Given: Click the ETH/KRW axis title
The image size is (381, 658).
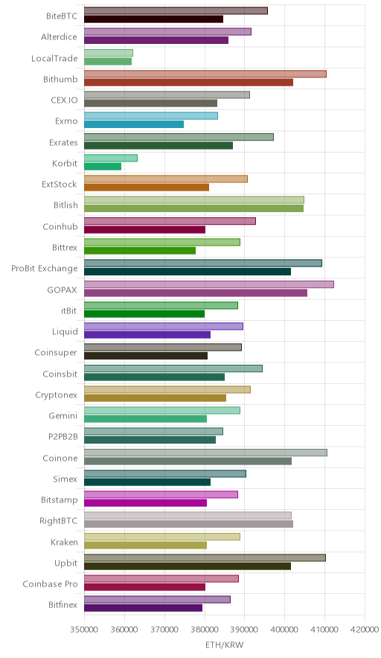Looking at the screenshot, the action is pyautogui.click(x=224, y=645).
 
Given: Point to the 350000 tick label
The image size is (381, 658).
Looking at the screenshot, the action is pyautogui.click(x=84, y=630).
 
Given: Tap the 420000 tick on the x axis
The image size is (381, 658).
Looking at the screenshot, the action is pyautogui.click(x=365, y=630).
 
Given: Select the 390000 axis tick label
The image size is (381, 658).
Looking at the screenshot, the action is pyautogui.click(x=245, y=630).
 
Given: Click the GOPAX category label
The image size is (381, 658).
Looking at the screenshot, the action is pyautogui.click(x=62, y=290).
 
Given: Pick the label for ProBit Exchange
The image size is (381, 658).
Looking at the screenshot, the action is pyautogui.click(x=45, y=269).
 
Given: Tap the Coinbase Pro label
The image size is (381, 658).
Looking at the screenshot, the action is pyautogui.click(x=51, y=584).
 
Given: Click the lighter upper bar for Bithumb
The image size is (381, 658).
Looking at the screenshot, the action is pyautogui.click(x=205, y=74).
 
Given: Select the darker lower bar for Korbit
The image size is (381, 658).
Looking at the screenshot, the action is pyautogui.click(x=103, y=167).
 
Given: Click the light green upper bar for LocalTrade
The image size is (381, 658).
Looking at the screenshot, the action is pyautogui.click(x=108, y=53).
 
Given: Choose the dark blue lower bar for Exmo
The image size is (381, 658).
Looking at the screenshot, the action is pyautogui.click(x=134, y=124).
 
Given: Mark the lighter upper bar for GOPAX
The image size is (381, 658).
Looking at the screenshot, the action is pyautogui.click(x=209, y=284).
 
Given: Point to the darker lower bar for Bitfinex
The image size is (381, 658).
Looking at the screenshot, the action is pyautogui.click(x=143, y=608).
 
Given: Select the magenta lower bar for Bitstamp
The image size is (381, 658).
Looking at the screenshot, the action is pyautogui.click(x=145, y=502).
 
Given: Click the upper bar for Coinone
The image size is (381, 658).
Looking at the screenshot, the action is pyautogui.click(x=205, y=453).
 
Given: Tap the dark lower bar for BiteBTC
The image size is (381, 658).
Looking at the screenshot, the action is pyautogui.click(x=153, y=19).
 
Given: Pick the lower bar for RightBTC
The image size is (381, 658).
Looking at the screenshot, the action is pyautogui.click(x=188, y=524).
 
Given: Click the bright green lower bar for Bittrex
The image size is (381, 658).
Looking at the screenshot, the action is pyautogui.click(x=140, y=251).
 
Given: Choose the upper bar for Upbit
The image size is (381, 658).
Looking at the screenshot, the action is pyautogui.click(x=205, y=558).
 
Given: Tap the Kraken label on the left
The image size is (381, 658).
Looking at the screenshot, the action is pyautogui.click(x=64, y=542).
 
